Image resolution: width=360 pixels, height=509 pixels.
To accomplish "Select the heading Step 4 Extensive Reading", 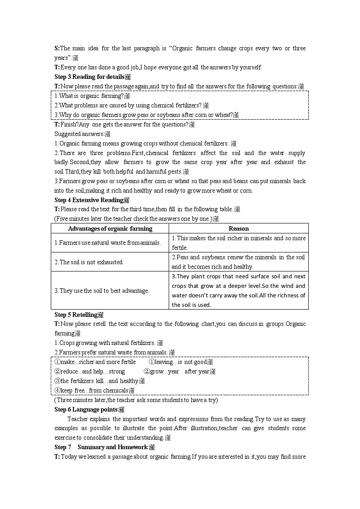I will click(89, 200).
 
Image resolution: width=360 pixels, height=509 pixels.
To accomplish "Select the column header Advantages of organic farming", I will click(110, 228).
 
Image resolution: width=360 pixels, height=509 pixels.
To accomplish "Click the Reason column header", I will click(238, 228).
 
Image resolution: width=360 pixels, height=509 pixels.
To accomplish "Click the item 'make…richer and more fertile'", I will click(95, 362).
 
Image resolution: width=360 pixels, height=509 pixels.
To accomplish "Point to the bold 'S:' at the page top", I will click(57, 48).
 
